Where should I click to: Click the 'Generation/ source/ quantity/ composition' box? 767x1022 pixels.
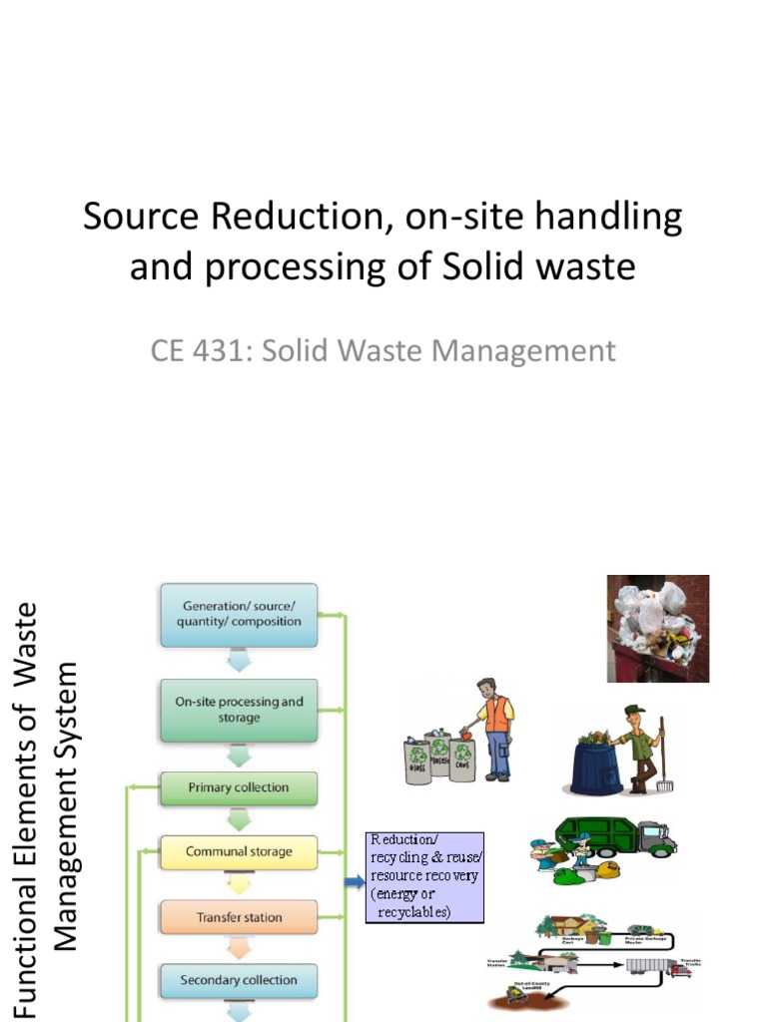click(x=240, y=614)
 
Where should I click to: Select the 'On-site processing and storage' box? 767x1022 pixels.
click(x=240, y=710)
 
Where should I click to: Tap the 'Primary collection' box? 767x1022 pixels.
click(x=240, y=787)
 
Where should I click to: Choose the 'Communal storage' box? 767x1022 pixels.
click(x=240, y=852)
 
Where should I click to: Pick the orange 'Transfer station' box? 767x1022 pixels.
click(x=240, y=917)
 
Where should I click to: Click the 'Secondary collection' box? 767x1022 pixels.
click(x=240, y=980)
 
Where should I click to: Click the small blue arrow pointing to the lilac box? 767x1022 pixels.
click(x=354, y=882)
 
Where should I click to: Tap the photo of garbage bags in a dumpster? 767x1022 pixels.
click(x=658, y=628)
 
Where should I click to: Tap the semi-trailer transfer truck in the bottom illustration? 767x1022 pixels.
click(x=654, y=965)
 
